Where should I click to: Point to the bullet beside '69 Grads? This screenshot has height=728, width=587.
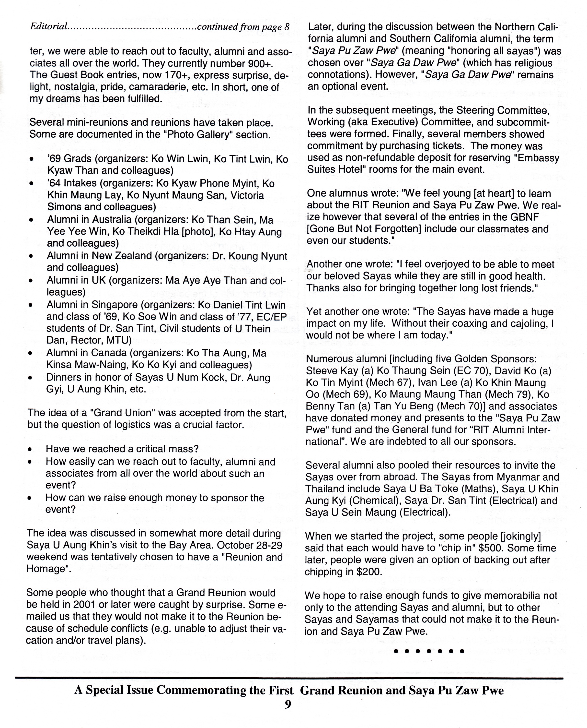tap(32, 159)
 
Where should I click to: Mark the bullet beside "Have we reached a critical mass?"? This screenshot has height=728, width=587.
tap(30, 450)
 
